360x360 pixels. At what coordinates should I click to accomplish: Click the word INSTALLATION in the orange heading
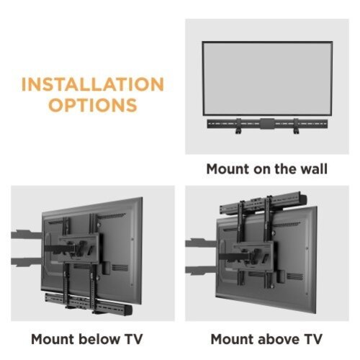(x=92, y=84)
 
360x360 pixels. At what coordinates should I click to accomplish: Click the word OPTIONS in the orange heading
(x=92, y=105)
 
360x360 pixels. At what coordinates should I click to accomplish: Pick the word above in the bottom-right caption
(x=277, y=338)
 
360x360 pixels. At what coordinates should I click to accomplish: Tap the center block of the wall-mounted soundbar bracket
(x=266, y=124)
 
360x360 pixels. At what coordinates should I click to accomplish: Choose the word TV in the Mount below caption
(x=131, y=338)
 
